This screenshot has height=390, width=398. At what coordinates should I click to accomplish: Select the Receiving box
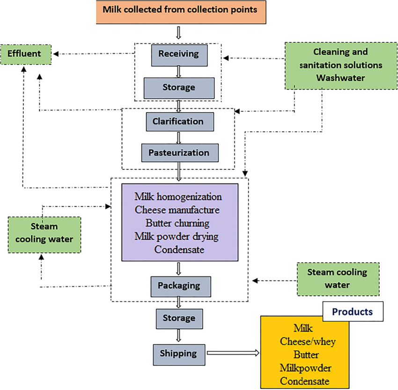[178, 54]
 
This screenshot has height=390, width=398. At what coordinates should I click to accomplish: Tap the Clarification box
[178, 122]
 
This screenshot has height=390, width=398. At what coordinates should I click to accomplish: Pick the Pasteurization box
[179, 152]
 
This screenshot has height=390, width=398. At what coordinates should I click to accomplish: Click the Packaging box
[179, 286]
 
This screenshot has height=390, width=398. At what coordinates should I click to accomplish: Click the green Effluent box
[24, 54]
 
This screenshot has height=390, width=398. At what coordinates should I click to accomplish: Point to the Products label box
[353, 311]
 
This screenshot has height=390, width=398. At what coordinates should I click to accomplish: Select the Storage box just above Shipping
[179, 318]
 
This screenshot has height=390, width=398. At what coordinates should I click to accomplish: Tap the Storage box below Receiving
[179, 87]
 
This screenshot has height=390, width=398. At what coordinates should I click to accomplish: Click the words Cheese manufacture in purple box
[177, 209]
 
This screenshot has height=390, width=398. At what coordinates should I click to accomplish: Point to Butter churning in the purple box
[177, 223]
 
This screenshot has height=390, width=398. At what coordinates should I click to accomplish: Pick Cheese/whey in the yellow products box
[308, 341]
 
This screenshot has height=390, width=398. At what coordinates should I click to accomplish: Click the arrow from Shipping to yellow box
[232, 354]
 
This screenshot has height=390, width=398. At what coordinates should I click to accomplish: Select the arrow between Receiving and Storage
[178, 71]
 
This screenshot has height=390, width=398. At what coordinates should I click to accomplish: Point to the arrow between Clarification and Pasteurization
[178, 137]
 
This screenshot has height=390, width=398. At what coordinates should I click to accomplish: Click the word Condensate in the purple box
[179, 250]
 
